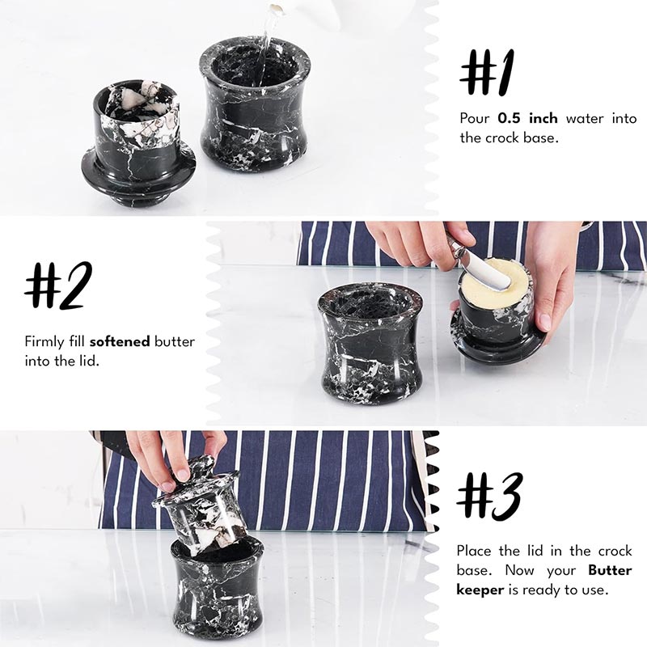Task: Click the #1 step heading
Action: coord(488,73)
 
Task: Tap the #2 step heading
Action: coord(58,285)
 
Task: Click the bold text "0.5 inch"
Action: coord(527,118)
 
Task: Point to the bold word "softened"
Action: coord(120,341)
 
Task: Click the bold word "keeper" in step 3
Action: coord(480,590)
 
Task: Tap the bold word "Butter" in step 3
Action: coord(610,570)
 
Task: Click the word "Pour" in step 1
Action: coord(475,118)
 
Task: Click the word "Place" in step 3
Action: coord(474,551)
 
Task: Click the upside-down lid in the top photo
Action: coord(137,143)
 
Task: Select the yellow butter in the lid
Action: coord(495,278)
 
